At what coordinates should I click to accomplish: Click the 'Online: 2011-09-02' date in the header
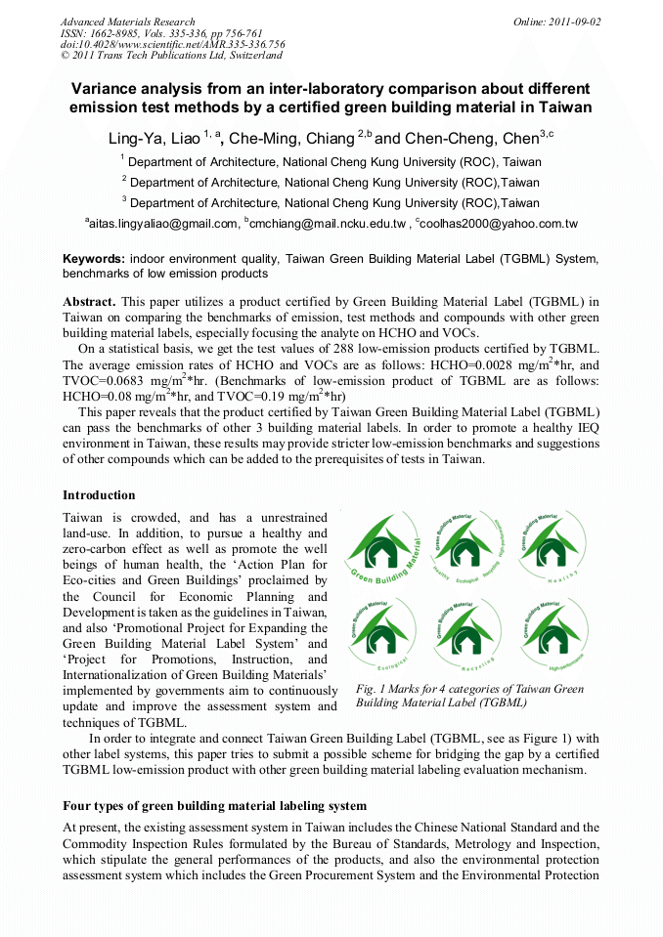tap(557, 21)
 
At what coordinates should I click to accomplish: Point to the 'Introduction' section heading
tap(99, 495)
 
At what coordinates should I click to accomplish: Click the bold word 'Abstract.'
tap(89, 302)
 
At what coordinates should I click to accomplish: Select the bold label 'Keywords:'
tap(93, 259)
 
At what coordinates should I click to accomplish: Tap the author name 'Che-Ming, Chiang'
tap(289, 139)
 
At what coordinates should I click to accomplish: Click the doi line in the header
tap(172, 45)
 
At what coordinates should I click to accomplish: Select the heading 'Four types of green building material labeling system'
tap(214, 806)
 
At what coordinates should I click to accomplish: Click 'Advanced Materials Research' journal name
tap(127, 21)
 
